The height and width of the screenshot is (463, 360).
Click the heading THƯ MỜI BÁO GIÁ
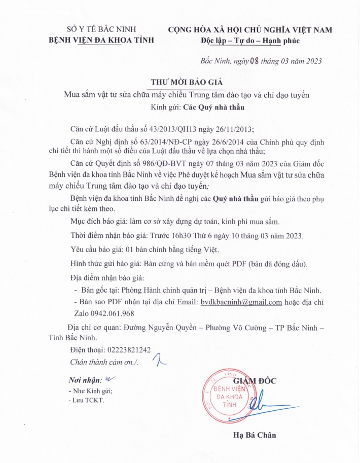187,82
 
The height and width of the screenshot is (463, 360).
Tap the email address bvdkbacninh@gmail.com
241,302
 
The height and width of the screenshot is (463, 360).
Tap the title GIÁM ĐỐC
255,381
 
